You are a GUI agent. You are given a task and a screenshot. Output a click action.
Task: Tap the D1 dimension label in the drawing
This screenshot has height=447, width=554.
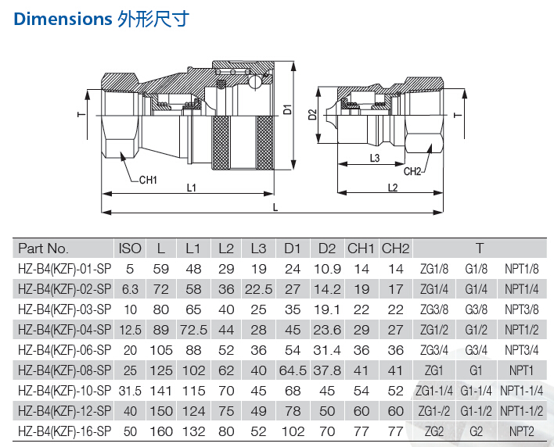click(288, 109)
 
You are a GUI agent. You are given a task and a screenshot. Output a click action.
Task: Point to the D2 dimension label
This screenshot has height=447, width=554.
click(313, 115)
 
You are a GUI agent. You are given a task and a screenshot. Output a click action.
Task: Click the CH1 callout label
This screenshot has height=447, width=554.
click(148, 180)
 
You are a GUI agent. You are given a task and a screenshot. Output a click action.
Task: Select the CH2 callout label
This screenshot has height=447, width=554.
click(412, 171)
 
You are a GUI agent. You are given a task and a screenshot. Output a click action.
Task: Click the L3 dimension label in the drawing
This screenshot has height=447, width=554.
click(375, 158)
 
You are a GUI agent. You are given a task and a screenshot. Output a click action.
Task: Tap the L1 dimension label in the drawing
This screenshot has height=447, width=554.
click(192, 188)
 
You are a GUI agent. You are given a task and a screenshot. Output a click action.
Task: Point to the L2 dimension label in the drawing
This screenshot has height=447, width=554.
click(393, 188)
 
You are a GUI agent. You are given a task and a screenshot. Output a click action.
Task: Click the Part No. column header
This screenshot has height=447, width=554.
click(43, 249)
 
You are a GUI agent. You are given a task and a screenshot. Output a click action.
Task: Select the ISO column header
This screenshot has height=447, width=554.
click(130, 249)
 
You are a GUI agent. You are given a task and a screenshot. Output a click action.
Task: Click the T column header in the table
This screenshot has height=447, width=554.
click(480, 249)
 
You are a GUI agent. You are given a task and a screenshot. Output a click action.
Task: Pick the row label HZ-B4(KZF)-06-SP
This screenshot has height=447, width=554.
click(65, 350)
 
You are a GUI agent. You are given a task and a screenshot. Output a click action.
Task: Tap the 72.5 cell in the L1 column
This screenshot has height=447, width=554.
click(193, 330)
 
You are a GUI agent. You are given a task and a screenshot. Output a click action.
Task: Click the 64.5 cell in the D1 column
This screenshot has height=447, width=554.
click(293, 370)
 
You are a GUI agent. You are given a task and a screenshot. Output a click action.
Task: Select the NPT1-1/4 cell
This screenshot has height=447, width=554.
click(521, 391)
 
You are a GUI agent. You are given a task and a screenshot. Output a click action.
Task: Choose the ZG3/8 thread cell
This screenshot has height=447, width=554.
click(433, 309)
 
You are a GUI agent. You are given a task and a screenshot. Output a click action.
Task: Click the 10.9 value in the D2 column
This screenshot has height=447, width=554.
click(327, 269)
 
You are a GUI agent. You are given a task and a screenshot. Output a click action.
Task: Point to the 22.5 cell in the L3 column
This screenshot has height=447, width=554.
click(259, 289)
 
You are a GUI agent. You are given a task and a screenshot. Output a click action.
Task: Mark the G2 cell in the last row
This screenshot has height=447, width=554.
click(476, 431)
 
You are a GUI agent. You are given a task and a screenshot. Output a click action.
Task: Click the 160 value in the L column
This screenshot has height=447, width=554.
click(161, 431)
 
